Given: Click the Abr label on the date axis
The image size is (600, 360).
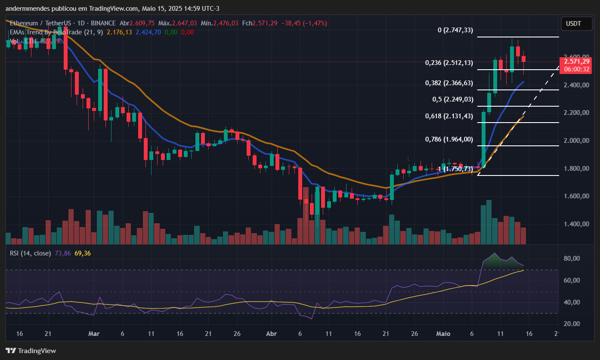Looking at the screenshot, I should pyautogui.click(x=271, y=334).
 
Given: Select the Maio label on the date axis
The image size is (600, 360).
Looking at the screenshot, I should pyautogui.click(x=443, y=334).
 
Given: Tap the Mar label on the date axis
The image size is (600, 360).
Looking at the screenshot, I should pyautogui.click(x=93, y=334).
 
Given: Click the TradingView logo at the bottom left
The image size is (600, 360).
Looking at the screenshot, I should pyautogui.click(x=31, y=351).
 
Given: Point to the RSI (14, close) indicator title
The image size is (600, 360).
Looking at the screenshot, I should pyautogui.click(x=30, y=253).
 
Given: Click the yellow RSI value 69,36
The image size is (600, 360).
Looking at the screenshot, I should pyautogui.click(x=82, y=253).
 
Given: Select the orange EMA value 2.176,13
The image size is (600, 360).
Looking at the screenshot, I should pyautogui.click(x=119, y=32).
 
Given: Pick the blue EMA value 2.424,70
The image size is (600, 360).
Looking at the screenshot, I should pyautogui.click(x=148, y=32).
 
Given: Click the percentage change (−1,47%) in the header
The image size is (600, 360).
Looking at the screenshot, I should pyautogui.click(x=314, y=23).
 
